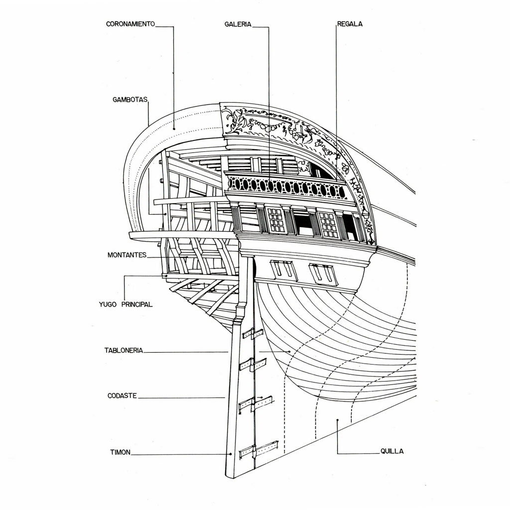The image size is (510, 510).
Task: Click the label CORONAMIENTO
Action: click(x=130, y=24)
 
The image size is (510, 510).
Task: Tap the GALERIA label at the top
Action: click(x=238, y=24)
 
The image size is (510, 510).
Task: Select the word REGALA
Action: click(x=350, y=24)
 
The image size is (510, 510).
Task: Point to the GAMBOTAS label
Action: click(x=130, y=100)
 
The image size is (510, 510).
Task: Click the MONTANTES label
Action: click(x=127, y=255)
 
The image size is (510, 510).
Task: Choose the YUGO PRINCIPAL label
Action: click(x=126, y=304)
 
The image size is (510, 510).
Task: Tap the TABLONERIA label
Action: click(x=124, y=351)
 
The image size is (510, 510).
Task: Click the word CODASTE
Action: click(x=122, y=396)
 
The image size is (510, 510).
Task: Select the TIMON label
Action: click(x=120, y=452)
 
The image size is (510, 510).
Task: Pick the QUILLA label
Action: click(x=392, y=452)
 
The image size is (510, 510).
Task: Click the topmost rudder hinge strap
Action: click(x=253, y=334)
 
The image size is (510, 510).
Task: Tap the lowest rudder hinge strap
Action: click(x=258, y=450)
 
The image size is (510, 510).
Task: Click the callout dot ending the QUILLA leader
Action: click(x=337, y=420)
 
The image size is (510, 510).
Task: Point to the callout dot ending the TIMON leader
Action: click(x=231, y=454)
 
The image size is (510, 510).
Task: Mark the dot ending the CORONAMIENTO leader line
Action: click(x=174, y=128)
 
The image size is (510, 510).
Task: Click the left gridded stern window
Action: click(x=276, y=220)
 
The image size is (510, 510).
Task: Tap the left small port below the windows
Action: click(x=283, y=269)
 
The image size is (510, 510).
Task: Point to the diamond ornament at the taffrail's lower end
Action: click(x=371, y=242)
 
